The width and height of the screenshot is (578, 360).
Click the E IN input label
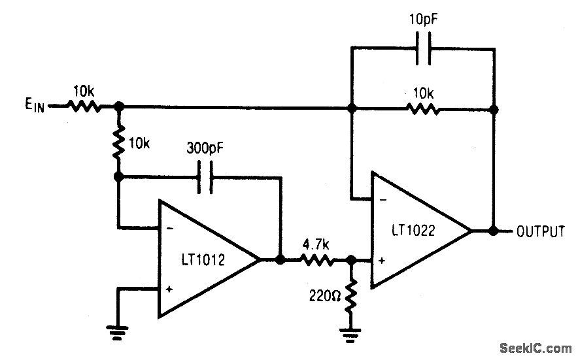pyautogui.click(x=31, y=106)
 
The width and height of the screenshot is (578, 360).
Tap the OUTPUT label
pyautogui.click(x=540, y=231)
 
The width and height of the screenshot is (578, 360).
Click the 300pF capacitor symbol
pyautogui.click(x=205, y=177)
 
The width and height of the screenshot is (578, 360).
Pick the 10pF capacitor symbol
pyautogui.click(x=423, y=49)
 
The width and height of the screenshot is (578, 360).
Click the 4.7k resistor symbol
pyautogui.click(x=316, y=260)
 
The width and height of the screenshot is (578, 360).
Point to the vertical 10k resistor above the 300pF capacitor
pyautogui.click(x=120, y=143)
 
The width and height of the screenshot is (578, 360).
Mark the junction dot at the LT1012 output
pyautogui.click(x=280, y=259)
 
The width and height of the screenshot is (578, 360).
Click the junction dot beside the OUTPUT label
pyautogui.click(x=494, y=231)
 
